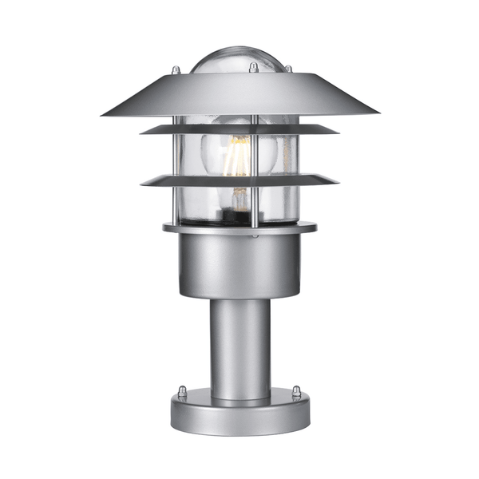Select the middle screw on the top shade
pyautogui.click(x=254, y=69)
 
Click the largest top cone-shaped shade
pyautogui.click(x=239, y=94)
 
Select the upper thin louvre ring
pyautogui.click(x=239, y=129)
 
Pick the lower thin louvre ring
pyautogui.click(x=239, y=179)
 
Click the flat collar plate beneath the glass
pyautogui.click(x=239, y=228)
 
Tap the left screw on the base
pyautogui.click(x=183, y=391)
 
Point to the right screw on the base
pyautogui.click(x=296, y=391)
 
